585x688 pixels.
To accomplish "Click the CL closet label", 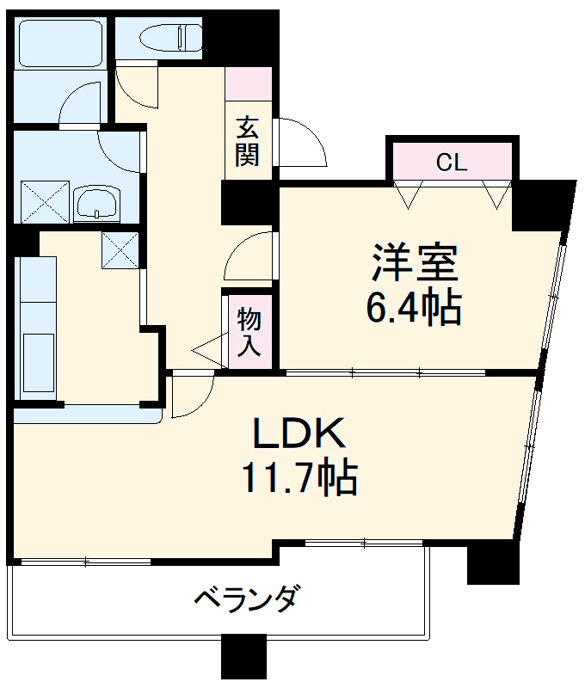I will pos(451,163).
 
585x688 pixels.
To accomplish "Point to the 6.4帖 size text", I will pos(414,307).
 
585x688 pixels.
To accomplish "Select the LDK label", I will pos(299,434).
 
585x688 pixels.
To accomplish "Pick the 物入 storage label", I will pos(249,331).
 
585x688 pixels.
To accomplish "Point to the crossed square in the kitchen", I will pos(119,250).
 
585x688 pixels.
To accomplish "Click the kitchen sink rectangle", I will pos(37,362).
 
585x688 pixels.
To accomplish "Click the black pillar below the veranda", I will pos(243,657).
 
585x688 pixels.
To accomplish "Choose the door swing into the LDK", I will pos(190,396).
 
